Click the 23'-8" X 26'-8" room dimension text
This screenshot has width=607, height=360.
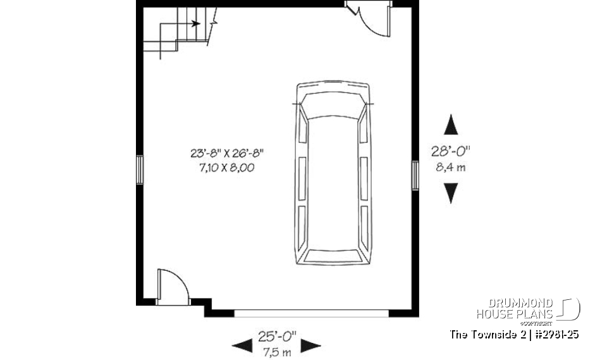tap(226, 152)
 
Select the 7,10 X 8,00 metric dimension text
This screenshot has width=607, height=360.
tap(226, 168)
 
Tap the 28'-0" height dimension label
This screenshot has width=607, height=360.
tap(450, 151)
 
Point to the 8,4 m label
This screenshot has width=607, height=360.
tap(450, 168)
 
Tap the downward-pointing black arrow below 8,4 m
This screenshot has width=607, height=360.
tap(450, 193)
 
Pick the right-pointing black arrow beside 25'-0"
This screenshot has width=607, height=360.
tap(310, 345)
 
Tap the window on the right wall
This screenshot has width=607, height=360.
tap(415, 175)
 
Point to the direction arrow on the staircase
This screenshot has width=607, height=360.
tap(196, 24)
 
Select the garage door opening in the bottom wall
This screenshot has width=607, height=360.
tap(311, 312)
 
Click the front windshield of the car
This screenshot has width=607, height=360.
tap(333, 109)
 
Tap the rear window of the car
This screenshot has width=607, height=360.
tap(333, 254)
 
